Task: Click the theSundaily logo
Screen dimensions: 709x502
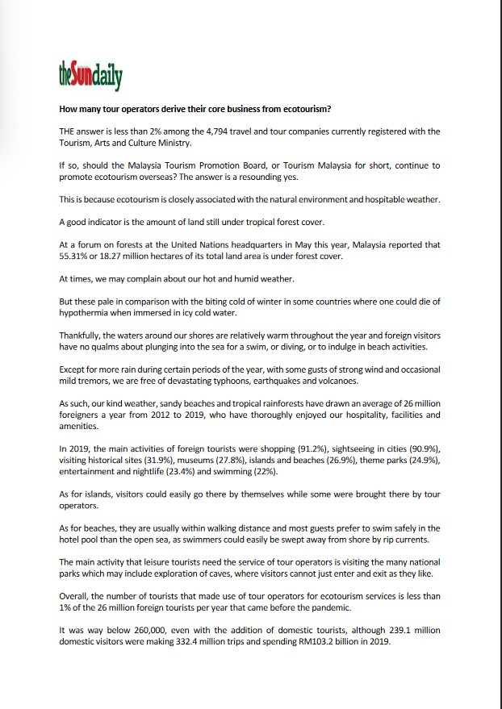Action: pos(90,77)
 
